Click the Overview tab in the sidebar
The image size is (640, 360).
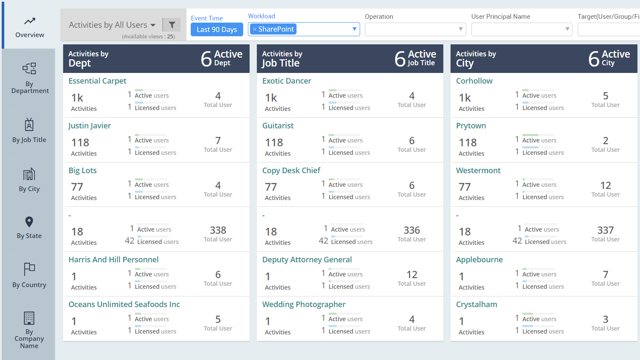click(x=29, y=27)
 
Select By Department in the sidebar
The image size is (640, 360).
click(x=29, y=78)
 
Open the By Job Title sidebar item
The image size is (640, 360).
click(x=29, y=131)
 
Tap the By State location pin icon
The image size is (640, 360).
click(x=29, y=222)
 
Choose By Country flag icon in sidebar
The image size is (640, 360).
click(x=29, y=269)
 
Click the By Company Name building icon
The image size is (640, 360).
click(x=29, y=318)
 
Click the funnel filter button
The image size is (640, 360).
click(x=172, y=25)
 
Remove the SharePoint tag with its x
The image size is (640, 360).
click(x=255, y=29)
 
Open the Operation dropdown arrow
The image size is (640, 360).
click(x=460, y=29)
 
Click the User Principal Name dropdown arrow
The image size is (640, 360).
click(x=567, y=29)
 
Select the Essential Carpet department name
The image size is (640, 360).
click(x=97, y=81)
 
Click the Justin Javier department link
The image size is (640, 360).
click(x=90, y=126)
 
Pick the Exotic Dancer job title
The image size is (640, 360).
click(x=287, y=81)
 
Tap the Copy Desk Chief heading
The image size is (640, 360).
click(x=291, y=171)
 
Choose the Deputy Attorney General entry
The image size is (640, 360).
click(x=307, y=260)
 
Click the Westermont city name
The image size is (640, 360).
click(x=478, y=171)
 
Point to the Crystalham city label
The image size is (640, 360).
click(x=477, y=305)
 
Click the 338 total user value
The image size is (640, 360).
click(x=218, y=230)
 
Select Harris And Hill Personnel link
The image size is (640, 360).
click(x=113, y=260)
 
